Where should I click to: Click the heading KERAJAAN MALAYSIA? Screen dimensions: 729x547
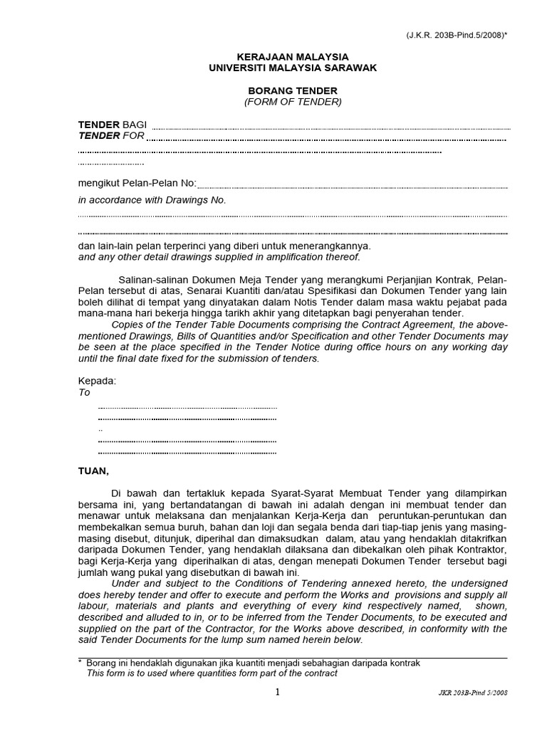coord(293,56)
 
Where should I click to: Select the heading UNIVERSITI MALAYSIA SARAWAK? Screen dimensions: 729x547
coord(293,68)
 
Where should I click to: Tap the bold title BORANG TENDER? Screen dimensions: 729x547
coord(293,91)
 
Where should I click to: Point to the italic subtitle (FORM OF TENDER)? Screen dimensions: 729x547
coord(293,102)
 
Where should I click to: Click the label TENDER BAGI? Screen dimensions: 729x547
coord(112,125)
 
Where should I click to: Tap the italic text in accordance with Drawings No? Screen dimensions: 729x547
coord(152,200)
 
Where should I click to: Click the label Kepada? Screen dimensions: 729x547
coord(96,381)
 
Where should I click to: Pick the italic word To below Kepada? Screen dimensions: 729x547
coord(84,392)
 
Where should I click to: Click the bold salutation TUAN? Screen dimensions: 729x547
coord(93,471)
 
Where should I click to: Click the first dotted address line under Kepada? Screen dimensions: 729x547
coord(187,408)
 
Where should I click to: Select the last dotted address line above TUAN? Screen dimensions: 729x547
coord(187,452)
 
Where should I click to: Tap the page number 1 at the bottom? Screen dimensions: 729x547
coord(278,691)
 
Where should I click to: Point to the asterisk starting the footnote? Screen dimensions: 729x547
coord(80,662)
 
